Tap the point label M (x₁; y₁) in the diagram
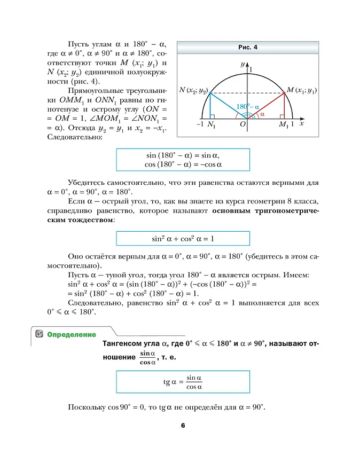(302, 90)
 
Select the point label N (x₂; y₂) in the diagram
(193, 90)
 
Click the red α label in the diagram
(262, 114)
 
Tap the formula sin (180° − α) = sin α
(183, 155)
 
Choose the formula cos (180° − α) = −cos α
(183, 164)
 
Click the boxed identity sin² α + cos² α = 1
(183, 239)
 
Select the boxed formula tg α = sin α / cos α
(183, 382)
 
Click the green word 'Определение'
(72, 335)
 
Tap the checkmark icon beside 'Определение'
(38, 334)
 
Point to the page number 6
(182, 426)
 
